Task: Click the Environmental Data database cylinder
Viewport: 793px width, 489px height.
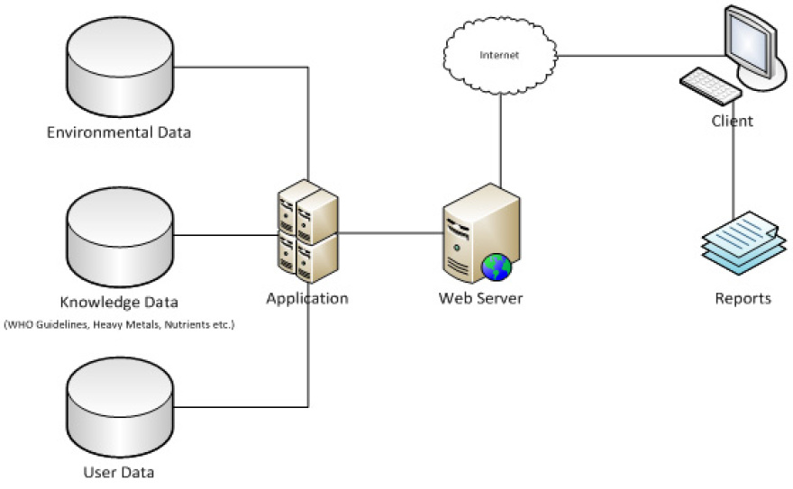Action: point(119,71)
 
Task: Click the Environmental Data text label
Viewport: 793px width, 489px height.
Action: point(119,133)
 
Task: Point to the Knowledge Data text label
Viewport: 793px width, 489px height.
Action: point(119,302)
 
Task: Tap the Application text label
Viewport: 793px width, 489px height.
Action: point(307,298)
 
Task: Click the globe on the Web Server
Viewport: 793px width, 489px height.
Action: point(497,266)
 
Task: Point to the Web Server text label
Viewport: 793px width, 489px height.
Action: point(480,298)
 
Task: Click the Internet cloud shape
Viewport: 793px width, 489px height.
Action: point(499,56)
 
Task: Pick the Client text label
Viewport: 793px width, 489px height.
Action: point(732,121)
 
